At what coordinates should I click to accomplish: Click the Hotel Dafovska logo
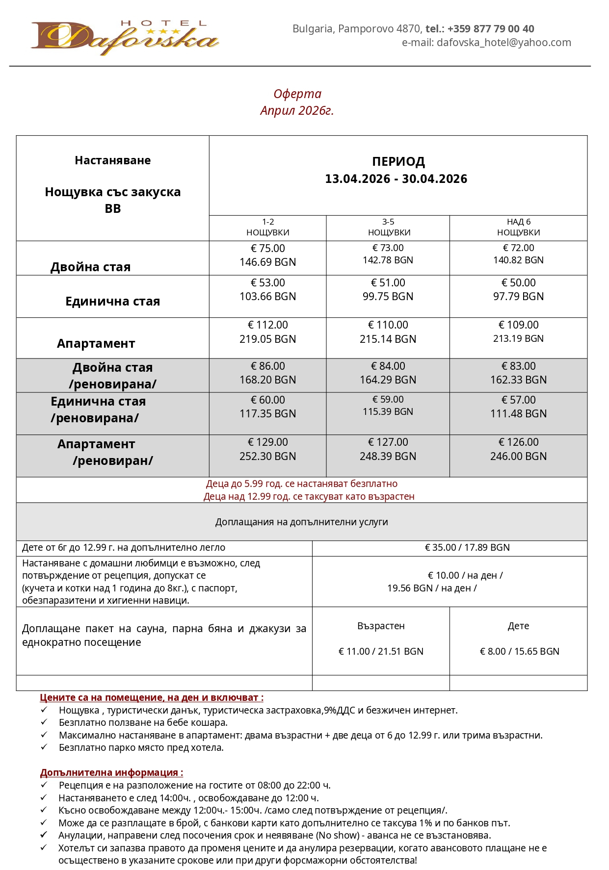pos(125,37)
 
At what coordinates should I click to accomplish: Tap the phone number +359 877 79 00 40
pos(490,29)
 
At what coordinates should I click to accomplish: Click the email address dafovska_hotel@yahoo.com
pos(503,43)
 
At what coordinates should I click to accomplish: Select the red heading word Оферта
pos(297,94)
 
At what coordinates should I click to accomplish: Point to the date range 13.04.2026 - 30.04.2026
pos(396,179)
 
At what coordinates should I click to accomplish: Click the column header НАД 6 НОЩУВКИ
pos(518,228)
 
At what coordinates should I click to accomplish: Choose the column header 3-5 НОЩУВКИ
pos(388,228)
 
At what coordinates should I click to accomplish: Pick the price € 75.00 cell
pos(268,249)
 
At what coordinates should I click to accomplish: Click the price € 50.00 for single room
pos(518,283)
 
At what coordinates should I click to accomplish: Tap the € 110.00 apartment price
pos(388,325)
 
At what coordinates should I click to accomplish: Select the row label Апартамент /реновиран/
pos(106,453)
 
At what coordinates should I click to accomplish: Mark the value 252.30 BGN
pos(268,457)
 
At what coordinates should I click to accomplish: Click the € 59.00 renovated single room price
pos(388,400)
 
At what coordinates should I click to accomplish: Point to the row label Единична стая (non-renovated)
pos(113,302)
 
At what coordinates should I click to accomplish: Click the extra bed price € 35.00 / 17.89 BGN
pos(467,548)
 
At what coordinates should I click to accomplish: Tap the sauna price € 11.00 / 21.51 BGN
pos(381,652)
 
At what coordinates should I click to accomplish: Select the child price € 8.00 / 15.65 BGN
pos(519,652)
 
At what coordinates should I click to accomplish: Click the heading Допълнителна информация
pos(111,773)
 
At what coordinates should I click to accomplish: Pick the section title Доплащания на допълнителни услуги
pos(301,522)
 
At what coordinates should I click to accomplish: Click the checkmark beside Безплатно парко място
pos(44,747)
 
